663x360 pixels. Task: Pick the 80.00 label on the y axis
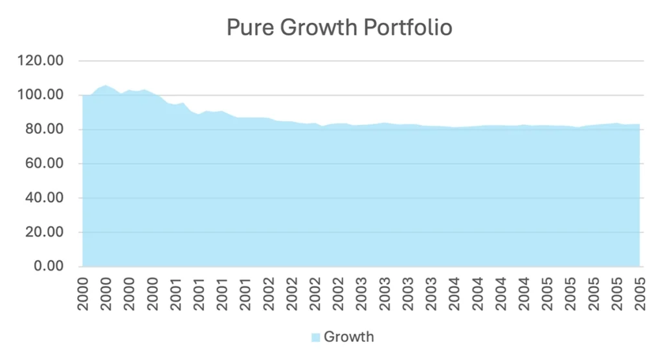click(x=45, y=129)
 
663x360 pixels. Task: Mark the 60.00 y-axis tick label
click(x=45, y=164)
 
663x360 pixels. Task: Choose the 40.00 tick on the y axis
click(x=45, y=198)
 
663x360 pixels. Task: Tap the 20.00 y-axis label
click(x=45, y=232)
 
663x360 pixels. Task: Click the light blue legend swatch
click(x=315, y=337)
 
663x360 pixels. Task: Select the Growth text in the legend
click(x=349, y=337)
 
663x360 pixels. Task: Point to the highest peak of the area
click(x=106, y=85)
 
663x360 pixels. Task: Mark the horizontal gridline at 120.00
click(x=363, y=61)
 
